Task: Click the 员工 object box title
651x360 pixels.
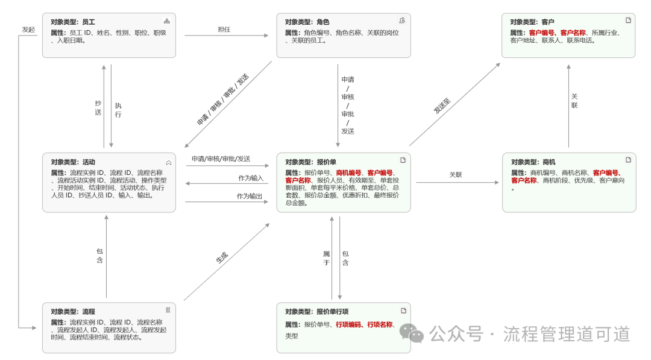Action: click(x=73, y=22)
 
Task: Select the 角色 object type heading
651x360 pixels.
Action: click(x=307, y=22)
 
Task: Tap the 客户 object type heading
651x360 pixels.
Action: click(x=532, y=22)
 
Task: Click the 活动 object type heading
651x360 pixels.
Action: click(x=73, y=162)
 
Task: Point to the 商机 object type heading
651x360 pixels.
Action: click(x=533, y=162)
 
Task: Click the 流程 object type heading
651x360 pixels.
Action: click(x=73, y=312)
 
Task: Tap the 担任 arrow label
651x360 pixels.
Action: click(x=224, y=29)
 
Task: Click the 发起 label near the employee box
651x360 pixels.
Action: click(x=28, y=29)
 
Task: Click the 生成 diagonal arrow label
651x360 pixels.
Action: click(x=222, y=257)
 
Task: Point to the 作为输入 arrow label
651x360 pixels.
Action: click(x=251, y=178)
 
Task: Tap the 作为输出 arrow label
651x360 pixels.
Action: click(x=250, y=196)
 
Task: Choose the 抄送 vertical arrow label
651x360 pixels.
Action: click(x=98, y=107)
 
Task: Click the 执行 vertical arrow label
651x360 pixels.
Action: click(x=118, y=110)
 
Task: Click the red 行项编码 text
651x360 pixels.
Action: click(x=348, y=324)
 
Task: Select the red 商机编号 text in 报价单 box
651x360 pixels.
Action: click(x=349, y=172)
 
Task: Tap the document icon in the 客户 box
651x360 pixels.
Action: click(x=628, y=21)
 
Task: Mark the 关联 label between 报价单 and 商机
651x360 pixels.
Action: click(x=456, y=175)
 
